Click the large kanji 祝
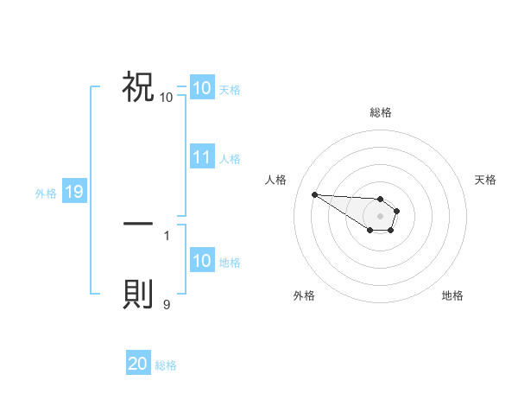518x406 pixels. tap(138, 86)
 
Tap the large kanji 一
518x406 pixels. tap(138, 224)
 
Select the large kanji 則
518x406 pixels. tap(138, 294)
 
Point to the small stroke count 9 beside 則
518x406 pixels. tap(167, 303)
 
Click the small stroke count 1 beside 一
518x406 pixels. tap(167, 234)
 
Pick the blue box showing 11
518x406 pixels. tap(202, 158)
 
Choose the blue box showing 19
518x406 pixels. tap(73, 193)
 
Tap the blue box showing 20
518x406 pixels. tap(138, 365)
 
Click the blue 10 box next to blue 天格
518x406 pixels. tap(202, 88)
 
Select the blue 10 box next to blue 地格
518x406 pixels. tap(202, 262)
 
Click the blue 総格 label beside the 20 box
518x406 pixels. tap(166, 365)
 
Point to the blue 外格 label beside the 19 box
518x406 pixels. tap(46, 193)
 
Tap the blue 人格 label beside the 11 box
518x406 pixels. tap(230, 159)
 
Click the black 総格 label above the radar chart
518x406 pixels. tap(381, 112)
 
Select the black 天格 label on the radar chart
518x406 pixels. tap(485, 180)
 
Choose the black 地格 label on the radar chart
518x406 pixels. tap(452, 295)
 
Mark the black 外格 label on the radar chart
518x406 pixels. tap(304, 295)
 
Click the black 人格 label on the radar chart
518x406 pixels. tap(276, 180)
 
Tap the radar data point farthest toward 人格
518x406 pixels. tap(314, 194)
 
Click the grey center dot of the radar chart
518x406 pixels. tap(381, 216)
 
